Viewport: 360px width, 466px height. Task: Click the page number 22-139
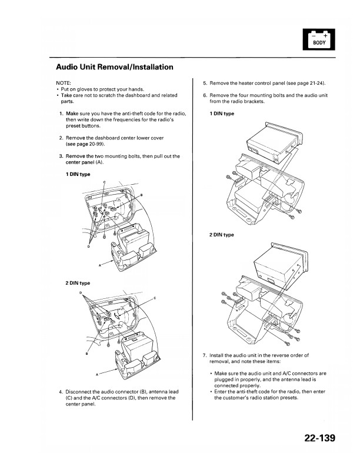click(x=319, y=438)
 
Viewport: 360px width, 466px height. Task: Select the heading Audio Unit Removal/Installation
click(x=114, y=66)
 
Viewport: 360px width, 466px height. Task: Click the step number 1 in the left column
click(x=61, y=112)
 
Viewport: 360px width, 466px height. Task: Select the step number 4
click(x=61, y=392)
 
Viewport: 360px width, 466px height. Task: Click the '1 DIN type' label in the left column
click(x=78, y=175)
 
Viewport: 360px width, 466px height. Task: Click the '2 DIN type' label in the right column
click(x=221, y=235)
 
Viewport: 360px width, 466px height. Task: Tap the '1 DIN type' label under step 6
click(x=221, y=114)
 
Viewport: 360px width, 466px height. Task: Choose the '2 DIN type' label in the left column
click(x=78, y=283)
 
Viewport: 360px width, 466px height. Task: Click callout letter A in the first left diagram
click(x=101, y=265)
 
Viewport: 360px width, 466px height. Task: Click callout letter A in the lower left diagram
click(x=96, y=374)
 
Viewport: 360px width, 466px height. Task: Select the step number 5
click(x=204, y=84)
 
